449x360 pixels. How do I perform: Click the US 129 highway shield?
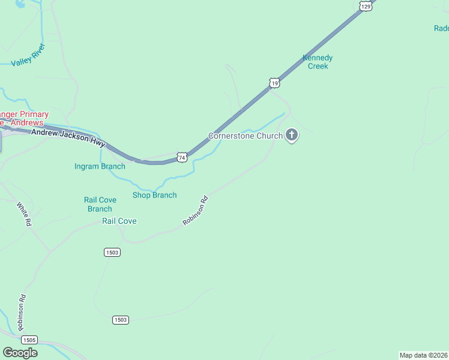pyautogui.click(x=365, y=5)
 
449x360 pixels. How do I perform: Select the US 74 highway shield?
pyautogui.click(x=182, y=157)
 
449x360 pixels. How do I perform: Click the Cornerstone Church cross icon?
pyautogui.click(x=292, y=136)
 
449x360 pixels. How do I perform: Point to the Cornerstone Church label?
pyautogui.click(x=245, y=136)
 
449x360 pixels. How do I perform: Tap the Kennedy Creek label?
pyautogui.click(x=318, y=62)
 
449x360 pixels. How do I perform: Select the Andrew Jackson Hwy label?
pyautogui.click(x=68, y=139)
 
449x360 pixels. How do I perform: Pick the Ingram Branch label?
pyautogui.click(x=100, y=166)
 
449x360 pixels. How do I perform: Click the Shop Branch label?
pyautogui.click(x=154, y=195)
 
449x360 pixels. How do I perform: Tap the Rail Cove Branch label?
pyautogui.click(x=100, y=205)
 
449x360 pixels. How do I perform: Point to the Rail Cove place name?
pyautogui.click(x=119, y=221)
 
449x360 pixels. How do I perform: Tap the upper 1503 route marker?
pyautogui.click(x=112, y=253)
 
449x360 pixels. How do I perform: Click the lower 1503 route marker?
pyautogui.click(x=120, y=320)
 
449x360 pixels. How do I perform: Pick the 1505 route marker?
pyautogui.click(x=29, y=340)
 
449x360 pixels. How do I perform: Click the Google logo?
pyautogui.click(x=20, y=353)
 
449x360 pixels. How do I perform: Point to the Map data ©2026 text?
pyautogui.click(x=424, y=355)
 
